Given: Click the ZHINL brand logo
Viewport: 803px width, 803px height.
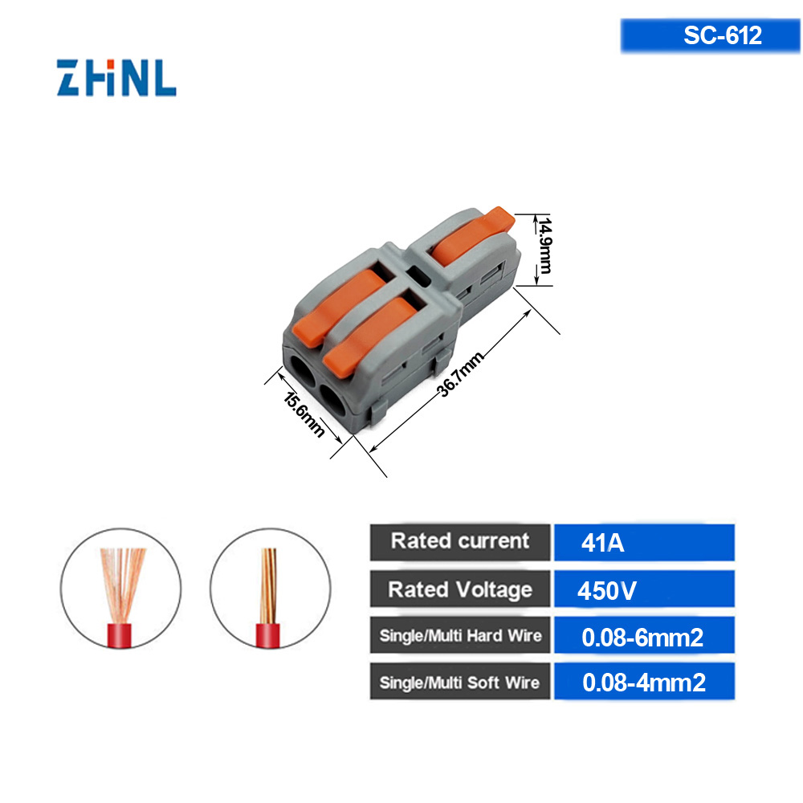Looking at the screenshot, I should (x=116, y=77).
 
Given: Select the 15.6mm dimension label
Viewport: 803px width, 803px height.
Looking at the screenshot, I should (x=305, y=414).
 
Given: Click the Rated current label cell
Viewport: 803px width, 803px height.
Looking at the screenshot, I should (x=460, y=541).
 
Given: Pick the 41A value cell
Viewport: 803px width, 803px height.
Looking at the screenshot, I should (x=643, y=543).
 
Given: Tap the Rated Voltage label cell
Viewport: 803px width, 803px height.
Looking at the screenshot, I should (x=460, y=589).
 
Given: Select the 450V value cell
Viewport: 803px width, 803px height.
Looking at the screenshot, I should (x=643, y=592).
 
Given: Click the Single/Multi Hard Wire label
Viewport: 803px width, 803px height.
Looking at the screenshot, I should (x=460, y=637).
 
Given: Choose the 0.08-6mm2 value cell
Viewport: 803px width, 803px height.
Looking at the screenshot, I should (x=643, y=638).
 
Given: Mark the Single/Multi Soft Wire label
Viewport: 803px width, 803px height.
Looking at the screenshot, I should (x=460, y=683).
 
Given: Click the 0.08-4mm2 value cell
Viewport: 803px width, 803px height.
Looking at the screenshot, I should (x=643, y=683).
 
